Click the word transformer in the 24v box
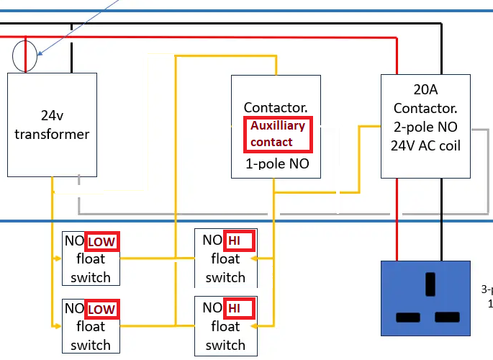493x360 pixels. click(52, 134)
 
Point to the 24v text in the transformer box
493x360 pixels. click(52, 115)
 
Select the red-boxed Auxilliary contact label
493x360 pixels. click(277, 134)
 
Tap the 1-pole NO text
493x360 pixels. click(277, 164)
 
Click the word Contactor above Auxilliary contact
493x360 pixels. click(276, 107)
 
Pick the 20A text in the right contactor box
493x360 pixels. click(425, 91)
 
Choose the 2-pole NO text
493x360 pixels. click(426, 128)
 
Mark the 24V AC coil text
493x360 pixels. click(426, 146)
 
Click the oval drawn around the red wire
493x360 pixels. click(25, 56)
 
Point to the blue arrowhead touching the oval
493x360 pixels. click(39, 53)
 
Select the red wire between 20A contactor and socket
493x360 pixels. click(397, 223)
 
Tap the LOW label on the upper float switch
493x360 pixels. click(101, 241)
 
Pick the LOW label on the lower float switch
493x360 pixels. click(101, 310)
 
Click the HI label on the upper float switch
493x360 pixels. click(238, 240)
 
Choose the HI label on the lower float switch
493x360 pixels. click(238, 309)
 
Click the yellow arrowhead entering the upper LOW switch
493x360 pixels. click(58, 258)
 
